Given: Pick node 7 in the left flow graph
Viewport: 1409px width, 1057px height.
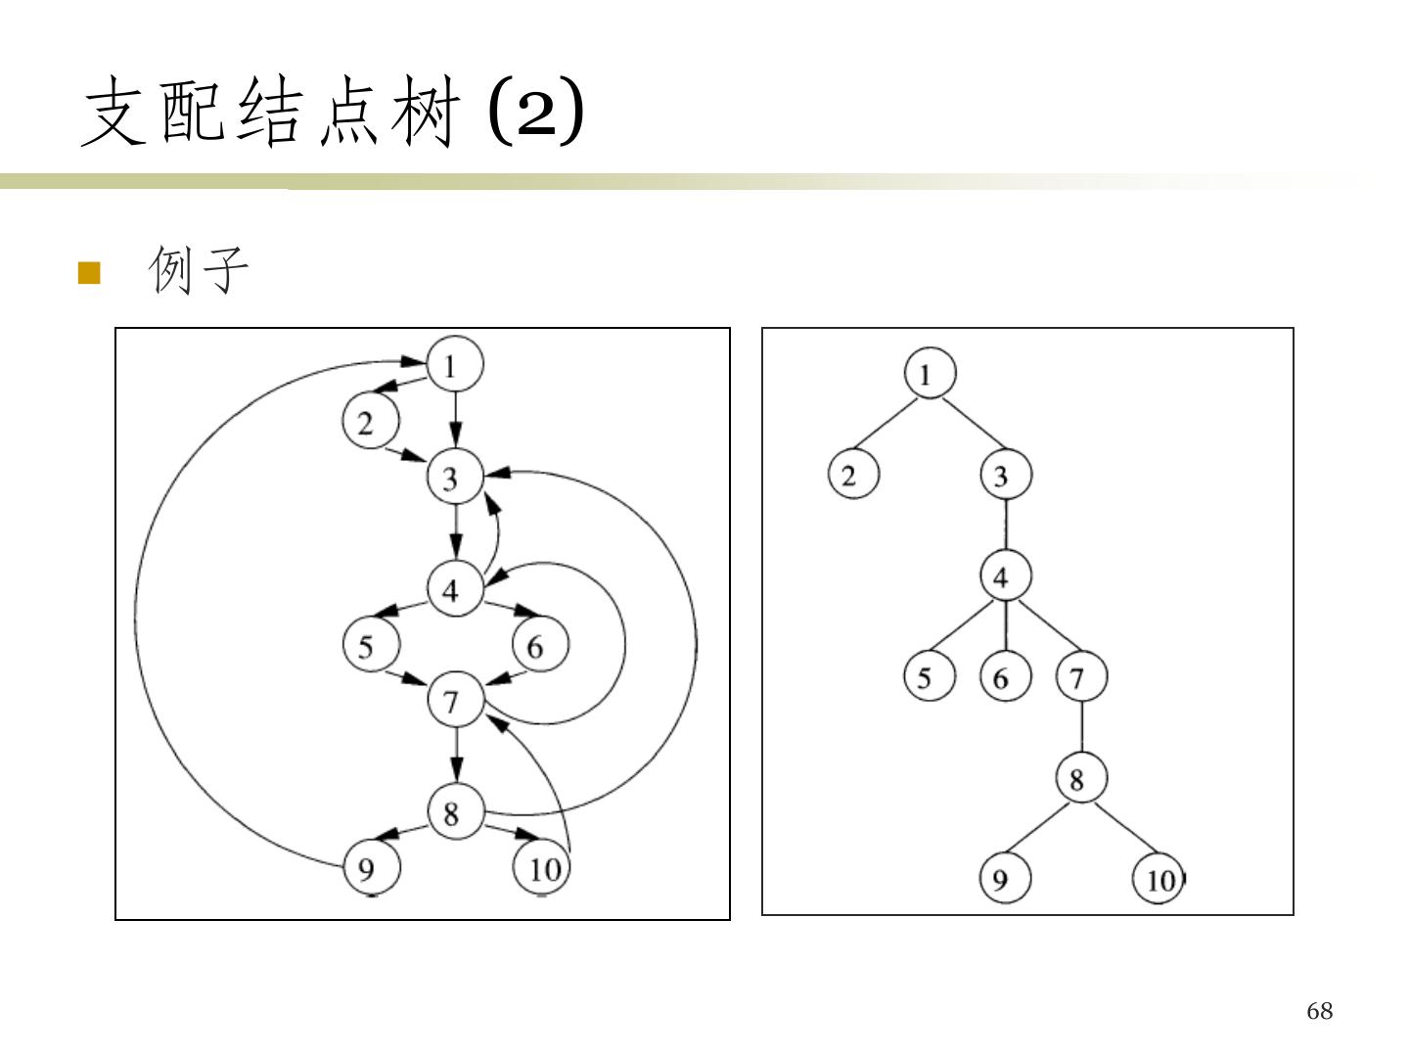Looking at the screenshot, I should click(454, 700).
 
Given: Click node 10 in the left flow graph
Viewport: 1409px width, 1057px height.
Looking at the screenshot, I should click(542, 867).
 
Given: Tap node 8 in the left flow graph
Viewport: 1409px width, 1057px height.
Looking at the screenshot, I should click(454, 811).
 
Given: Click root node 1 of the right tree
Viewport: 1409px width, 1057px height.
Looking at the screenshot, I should click(929, 373).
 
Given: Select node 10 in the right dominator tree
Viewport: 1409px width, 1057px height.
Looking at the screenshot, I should click(1159, 880).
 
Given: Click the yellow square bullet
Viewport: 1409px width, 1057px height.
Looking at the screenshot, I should click(89, 272).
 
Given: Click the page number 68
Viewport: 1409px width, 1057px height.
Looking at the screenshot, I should click(1319, 1011).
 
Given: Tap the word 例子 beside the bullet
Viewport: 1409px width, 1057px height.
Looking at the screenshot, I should click(199, 270).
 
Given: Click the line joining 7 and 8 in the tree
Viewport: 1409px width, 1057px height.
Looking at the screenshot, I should click(1081, 728).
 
